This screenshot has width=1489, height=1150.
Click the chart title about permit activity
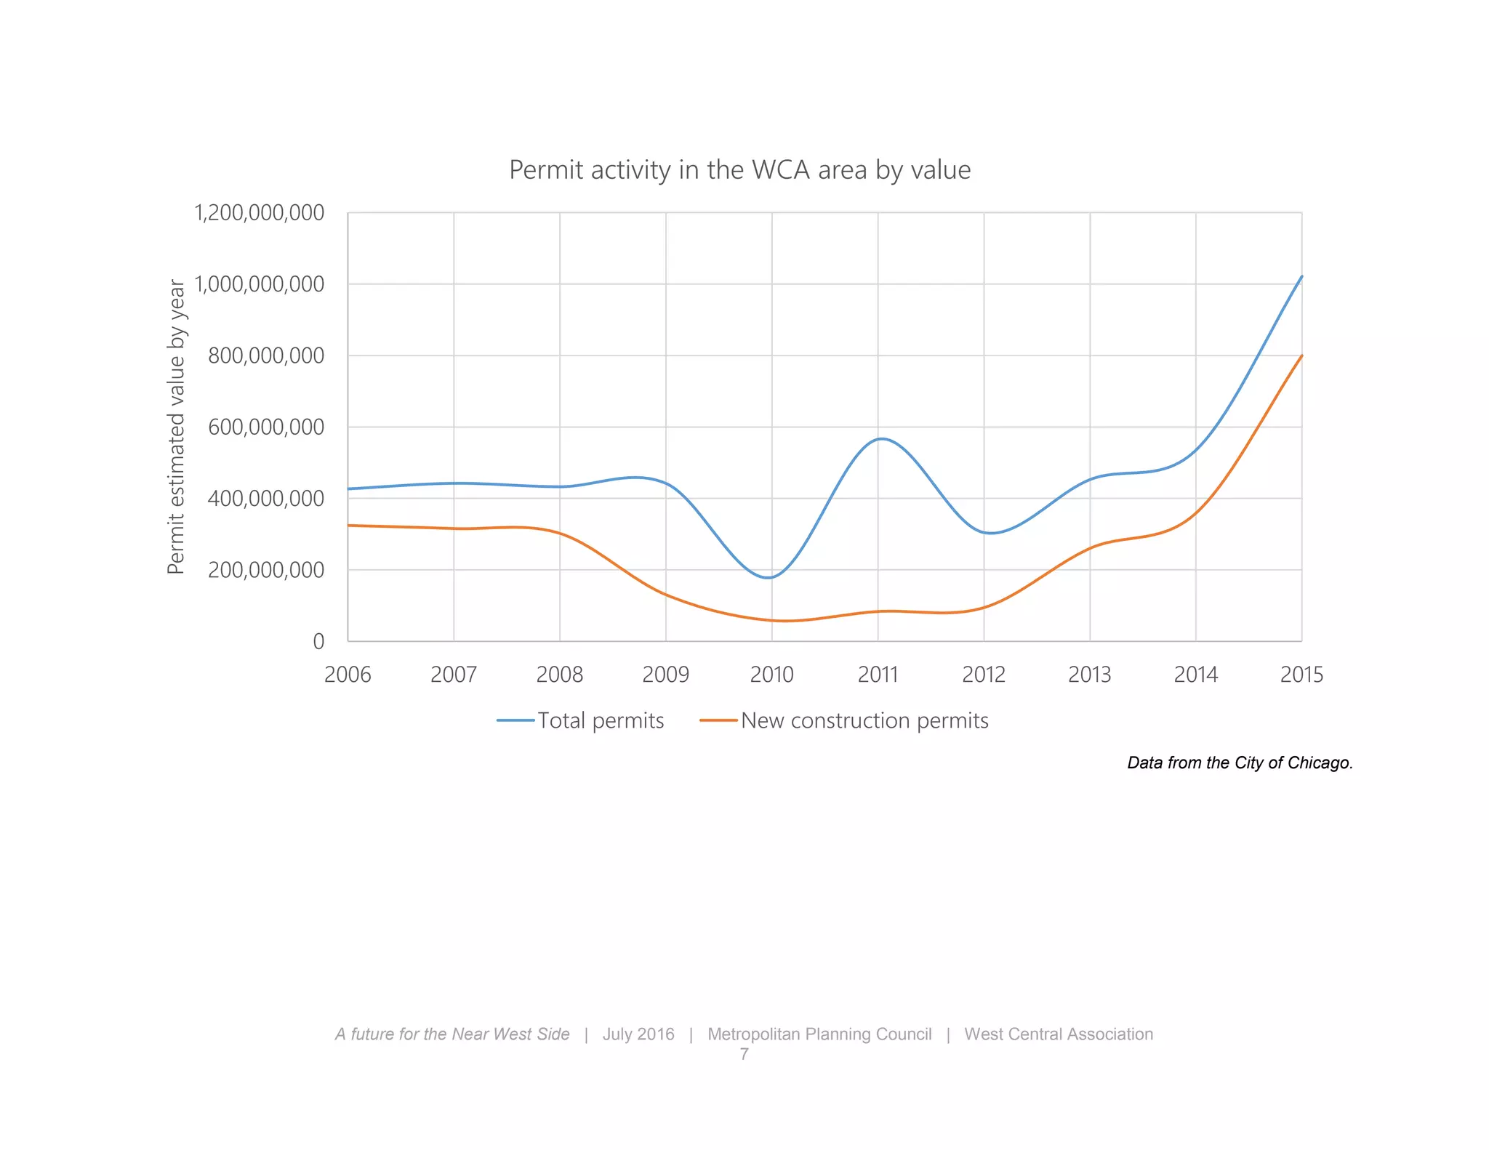[x=739, y=170]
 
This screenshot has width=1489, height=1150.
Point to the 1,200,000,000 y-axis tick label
[x=259, y=213]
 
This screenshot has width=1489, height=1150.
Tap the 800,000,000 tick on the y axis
[x=266, y=355]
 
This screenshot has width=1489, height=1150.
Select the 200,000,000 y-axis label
[x=266, y=570]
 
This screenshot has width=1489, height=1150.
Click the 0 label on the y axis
[x=318, y=641]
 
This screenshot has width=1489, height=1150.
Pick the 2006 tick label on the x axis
[x=348, y=675]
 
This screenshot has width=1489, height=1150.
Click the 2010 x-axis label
[x=771, y=675]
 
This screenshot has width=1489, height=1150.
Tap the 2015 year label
[x=1301, y=675]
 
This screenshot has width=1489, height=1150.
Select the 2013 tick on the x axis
[x=1089, y=675]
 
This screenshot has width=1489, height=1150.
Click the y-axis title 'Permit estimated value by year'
[x=177, y=427]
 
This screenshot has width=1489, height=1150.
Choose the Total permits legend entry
[x=581, y=720]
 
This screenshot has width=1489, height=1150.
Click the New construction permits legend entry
[x=844, y=720]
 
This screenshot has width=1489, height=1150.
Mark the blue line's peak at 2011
[x=880, y=439]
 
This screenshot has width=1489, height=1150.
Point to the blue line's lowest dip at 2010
[x=768, y=578]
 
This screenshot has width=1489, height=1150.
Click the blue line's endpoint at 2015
[x=1301, y=277]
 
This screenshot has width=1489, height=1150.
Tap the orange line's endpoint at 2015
[x=1301, y=356]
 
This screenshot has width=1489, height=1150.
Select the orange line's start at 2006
[x=349, y=525]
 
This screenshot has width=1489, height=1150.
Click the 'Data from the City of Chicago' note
[x=1240, y=763]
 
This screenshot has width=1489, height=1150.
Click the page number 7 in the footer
[x=744, y=1054]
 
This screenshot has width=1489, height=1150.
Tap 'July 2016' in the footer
[x=638, y=1034]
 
